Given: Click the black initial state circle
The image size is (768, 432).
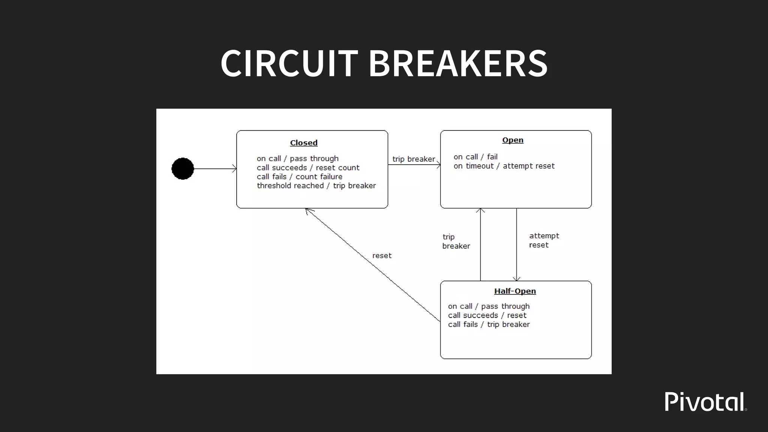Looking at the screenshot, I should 183,169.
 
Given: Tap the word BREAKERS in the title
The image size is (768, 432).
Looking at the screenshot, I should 458,63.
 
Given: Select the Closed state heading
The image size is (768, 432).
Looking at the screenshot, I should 304,143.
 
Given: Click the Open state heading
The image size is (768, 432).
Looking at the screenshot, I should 513,140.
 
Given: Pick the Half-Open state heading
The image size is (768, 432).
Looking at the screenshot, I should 515,291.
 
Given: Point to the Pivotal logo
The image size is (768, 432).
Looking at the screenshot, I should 705,402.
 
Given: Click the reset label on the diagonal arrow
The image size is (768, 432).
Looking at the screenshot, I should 382,256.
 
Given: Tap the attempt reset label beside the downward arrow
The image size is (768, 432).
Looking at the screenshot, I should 544,240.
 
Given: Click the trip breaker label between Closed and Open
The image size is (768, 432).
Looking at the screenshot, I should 414,159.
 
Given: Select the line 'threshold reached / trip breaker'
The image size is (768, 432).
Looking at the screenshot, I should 316,186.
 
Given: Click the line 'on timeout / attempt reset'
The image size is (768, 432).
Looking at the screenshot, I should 504,166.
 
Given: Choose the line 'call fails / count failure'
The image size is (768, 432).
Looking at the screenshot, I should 299,177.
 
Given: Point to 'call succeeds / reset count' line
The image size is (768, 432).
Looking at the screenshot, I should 308,168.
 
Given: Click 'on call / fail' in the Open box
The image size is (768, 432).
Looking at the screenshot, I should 475,157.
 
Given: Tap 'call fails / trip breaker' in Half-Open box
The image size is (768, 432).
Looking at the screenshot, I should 489,324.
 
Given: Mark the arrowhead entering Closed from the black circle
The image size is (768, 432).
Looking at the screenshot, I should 234,169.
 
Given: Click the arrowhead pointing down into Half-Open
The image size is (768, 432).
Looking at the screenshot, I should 517,279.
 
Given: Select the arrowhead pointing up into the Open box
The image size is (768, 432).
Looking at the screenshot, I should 480,210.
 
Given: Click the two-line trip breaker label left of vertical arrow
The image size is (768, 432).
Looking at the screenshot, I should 456,241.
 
